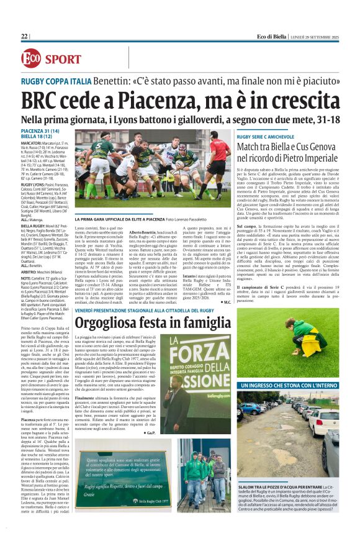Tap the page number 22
[25, 37]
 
